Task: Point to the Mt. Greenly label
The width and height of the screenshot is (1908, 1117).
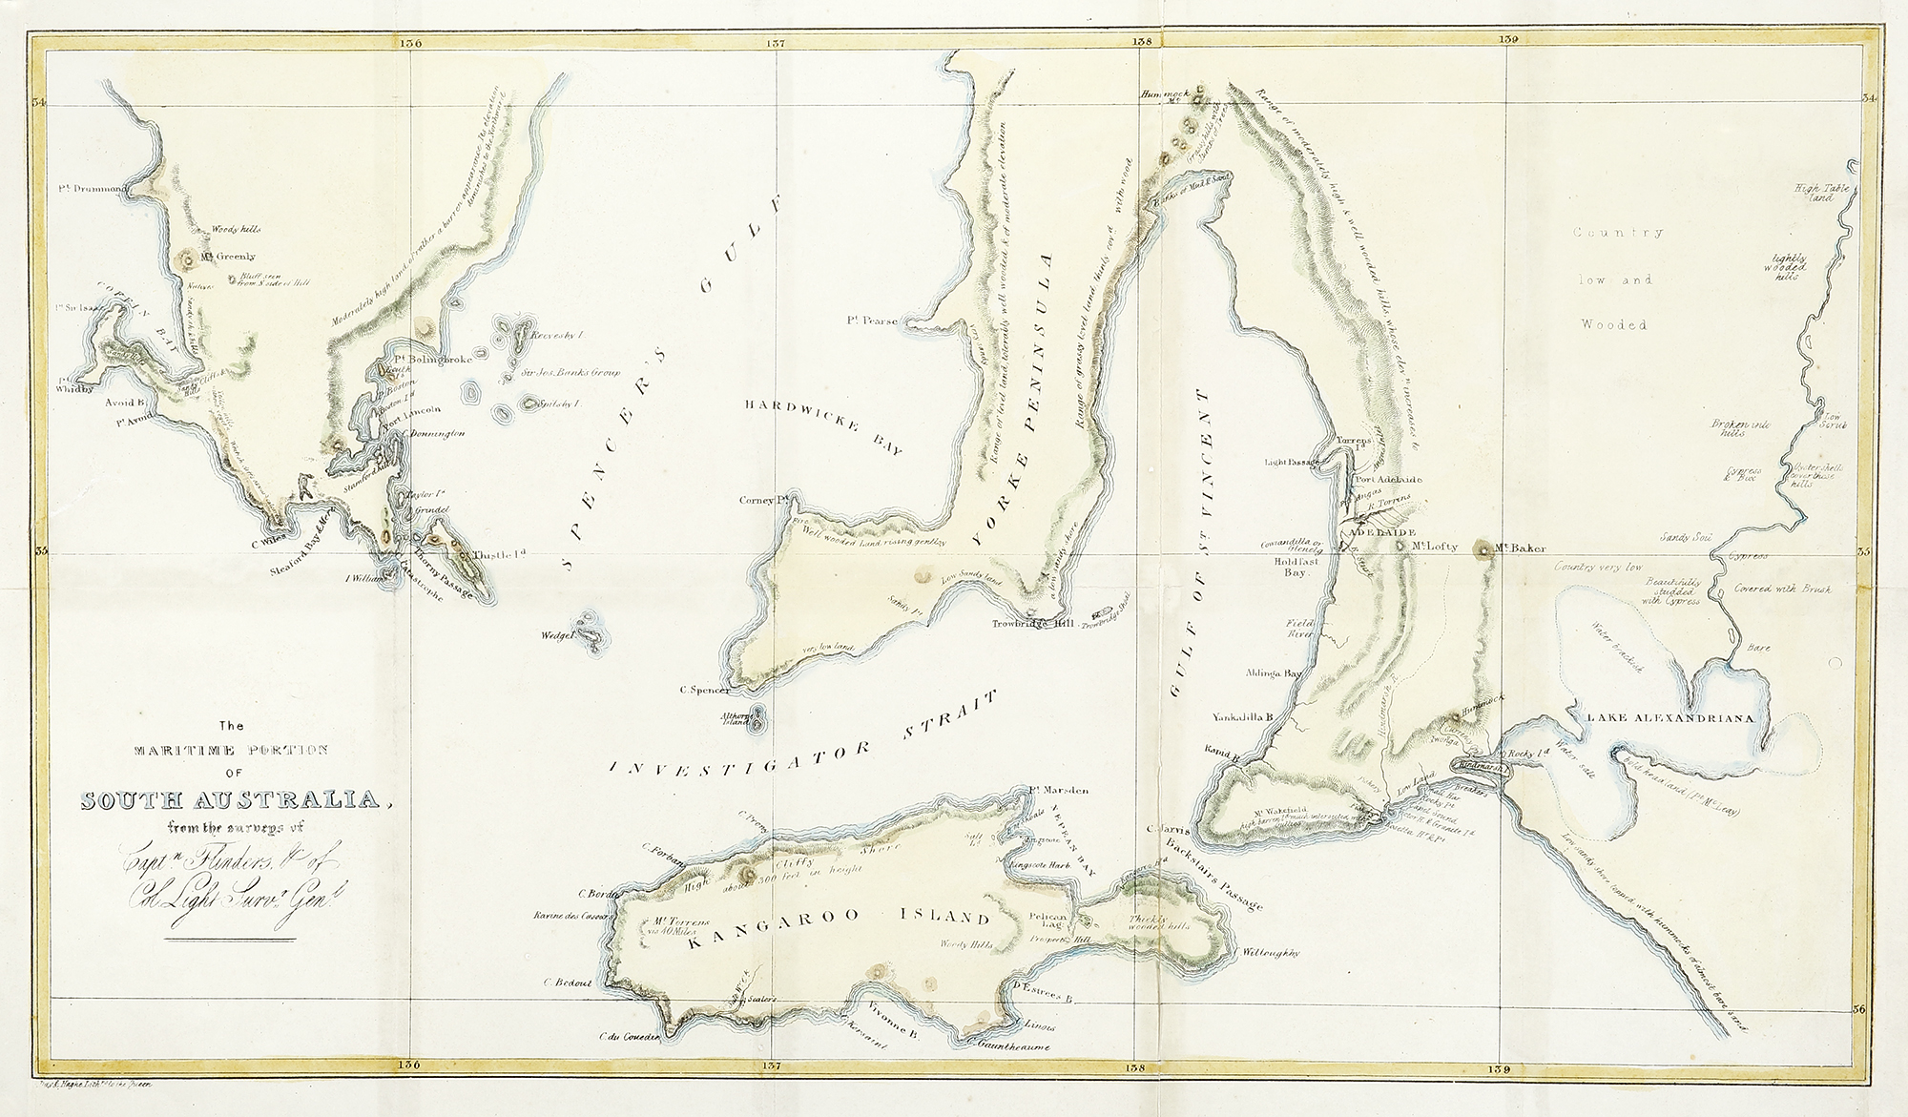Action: [x=229, y=257]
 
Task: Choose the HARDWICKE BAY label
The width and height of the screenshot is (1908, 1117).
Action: [x=825, y=426]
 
